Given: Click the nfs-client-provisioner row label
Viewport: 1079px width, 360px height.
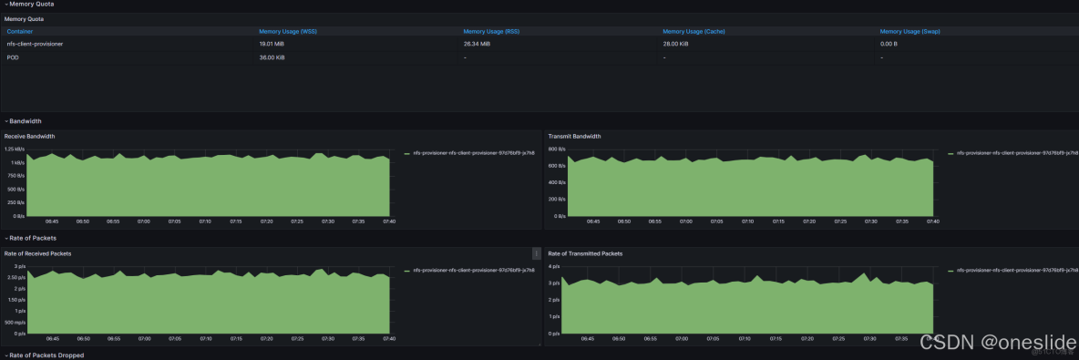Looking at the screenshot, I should (x=35, y=43).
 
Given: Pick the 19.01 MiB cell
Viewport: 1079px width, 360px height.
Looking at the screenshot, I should (x=272, y=43).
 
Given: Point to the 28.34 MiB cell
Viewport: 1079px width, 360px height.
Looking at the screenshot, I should (x=477, y=43).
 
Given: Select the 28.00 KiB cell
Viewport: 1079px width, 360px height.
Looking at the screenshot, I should (x=675, y=43).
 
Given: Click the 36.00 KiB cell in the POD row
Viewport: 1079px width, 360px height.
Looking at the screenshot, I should (x=272, y=57).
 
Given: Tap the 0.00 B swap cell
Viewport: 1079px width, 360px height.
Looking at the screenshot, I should (x=889, y=43).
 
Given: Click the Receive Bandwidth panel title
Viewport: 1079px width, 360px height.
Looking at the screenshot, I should (x=30, y=136).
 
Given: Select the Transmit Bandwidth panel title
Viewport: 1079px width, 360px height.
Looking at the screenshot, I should (x=574, y=136).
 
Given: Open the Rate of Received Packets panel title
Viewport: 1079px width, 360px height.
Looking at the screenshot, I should (x=37, y=252).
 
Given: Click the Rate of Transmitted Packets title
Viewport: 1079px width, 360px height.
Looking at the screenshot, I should (x=585, y=252).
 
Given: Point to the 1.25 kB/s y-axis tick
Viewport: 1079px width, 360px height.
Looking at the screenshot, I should (x=14, y=148).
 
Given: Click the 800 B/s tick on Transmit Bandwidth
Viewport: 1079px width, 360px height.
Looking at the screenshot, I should (x=557, y=148).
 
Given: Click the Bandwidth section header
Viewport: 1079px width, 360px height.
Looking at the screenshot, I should (x=26, y=120).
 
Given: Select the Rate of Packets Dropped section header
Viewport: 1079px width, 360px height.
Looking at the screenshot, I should (x=46, y=355).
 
